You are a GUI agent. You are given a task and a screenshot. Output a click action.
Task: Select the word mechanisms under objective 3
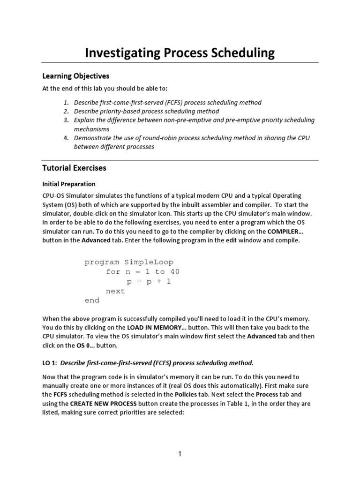click(92, 129)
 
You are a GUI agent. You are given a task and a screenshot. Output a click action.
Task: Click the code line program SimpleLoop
click(129, 262)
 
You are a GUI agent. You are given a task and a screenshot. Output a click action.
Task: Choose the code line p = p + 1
click(150, 281)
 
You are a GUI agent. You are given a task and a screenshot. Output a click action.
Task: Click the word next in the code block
click(115, 291)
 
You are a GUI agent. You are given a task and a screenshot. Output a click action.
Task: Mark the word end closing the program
click(92, 300)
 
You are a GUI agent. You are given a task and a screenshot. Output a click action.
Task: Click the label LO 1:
click(50, 362)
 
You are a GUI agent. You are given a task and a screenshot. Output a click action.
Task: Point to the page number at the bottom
click(180, 453)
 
